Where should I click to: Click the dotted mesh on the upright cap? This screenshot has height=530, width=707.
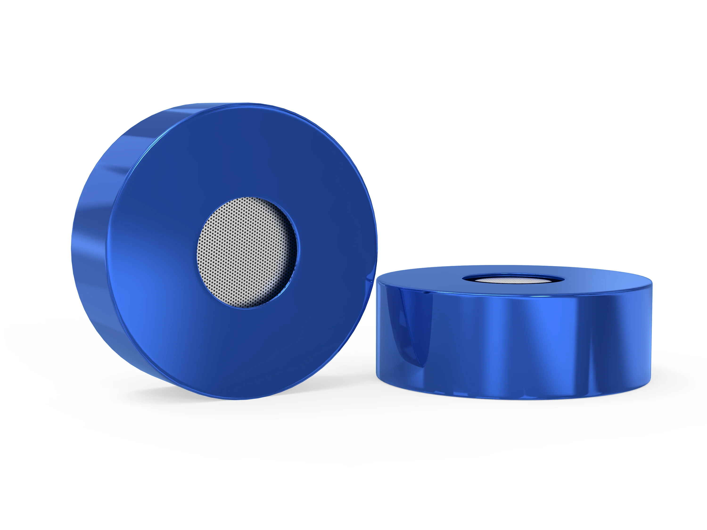point(243,252)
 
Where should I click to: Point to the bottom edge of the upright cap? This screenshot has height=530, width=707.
point(237,398)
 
